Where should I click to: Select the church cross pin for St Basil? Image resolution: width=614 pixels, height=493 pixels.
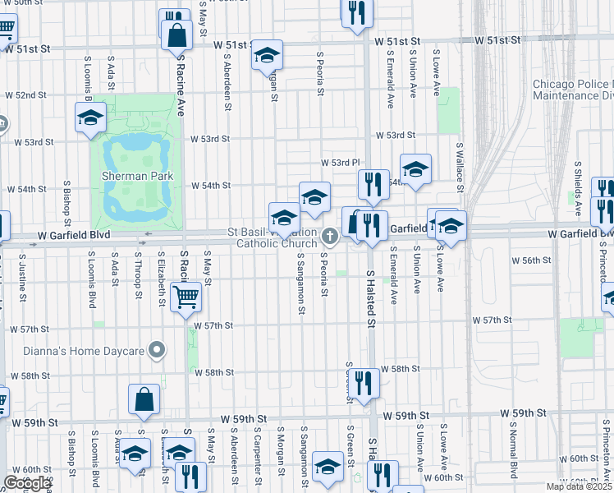[329, 237]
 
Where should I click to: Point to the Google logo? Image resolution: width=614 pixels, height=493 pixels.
[26, 483]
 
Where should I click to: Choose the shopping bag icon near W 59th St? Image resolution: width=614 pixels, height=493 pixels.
[144, 399]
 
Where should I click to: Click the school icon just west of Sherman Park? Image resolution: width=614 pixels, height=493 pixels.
[90, 117]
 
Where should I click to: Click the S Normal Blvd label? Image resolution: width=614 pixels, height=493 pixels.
[515, 451]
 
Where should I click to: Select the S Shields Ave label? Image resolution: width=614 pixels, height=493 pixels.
[579, 182]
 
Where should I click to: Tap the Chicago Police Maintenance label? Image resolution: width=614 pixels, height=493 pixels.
[571, 90]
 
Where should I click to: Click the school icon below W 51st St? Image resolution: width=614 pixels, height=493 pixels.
[266, 54]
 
